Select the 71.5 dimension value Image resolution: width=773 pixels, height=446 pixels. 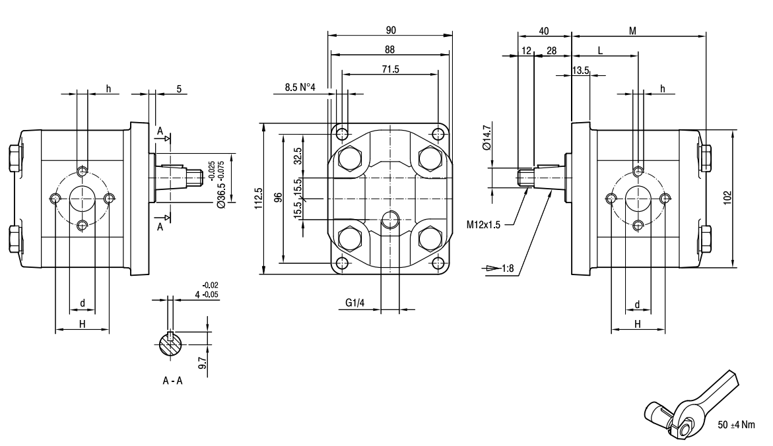[x=391, y=69]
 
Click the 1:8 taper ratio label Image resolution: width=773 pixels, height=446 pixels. [x=507, y=269]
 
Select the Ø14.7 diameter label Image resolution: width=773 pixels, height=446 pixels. [x=487, y=139]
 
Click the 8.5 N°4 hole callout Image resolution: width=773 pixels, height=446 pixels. [x=300, y=87]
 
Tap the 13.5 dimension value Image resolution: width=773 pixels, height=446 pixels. [x=581, y=71]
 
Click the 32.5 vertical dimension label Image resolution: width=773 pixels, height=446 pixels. [x=298, y=156]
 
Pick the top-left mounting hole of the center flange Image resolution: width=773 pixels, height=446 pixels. [x=342, y=135]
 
